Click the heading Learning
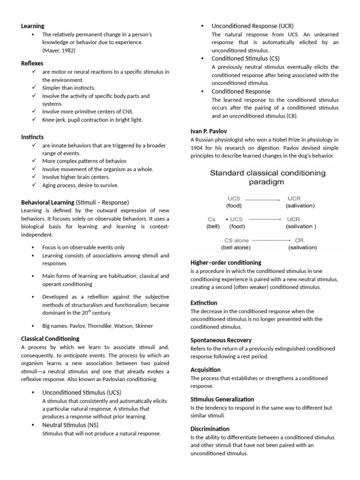click(33, 26)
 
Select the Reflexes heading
click(32, 63)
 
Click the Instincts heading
click(32, 137)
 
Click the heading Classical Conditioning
click(50, 338)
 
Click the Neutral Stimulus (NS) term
click(70, 425)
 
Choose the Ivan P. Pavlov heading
click(209, 131)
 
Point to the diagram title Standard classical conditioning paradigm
click(267, 177)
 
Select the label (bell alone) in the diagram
click(236, 247)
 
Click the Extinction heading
click(204, 303)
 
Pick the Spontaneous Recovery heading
click(221, 340)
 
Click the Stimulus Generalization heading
click(222, 399)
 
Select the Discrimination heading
click(210, 429)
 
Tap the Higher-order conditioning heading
click(226, 262)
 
